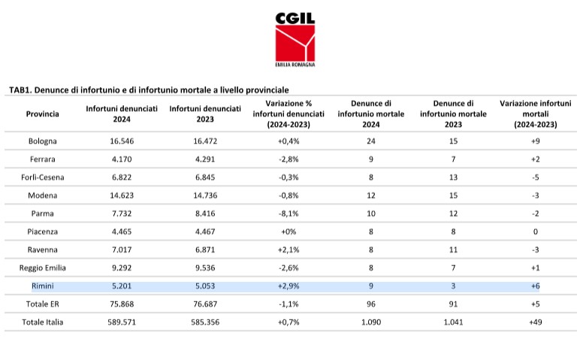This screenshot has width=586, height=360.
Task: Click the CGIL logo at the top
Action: click(x=295, y=40)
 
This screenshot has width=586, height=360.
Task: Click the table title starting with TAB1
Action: click(x=149, y=90)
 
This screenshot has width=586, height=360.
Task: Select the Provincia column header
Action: click(x=43, y=114)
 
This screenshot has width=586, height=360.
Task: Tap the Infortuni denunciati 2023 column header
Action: click(x=205, y=114)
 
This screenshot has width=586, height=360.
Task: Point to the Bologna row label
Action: click(x=43, y=141)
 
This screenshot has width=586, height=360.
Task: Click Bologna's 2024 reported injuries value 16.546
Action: click(x=122, y=141)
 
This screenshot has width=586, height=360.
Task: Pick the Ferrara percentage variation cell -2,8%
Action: click(x=288, y=159)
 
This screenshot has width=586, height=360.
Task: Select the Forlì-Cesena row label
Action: click(x=43, y=177)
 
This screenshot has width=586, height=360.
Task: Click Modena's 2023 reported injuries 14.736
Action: click(x=205, y=195)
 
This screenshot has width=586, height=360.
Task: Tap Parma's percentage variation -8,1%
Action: click(x=288, y=213)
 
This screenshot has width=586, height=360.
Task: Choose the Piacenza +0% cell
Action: click(x=288, y=231)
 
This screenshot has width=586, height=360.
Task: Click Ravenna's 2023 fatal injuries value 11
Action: click(x=453, y=250)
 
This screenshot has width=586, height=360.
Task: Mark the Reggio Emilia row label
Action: click(x=43, y=268)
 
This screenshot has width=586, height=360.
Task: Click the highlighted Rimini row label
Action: click(x=43, y=286)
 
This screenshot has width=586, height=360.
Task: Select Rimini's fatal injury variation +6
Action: click(x=536, y=286)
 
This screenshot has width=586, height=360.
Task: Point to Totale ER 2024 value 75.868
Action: click(x=122, y=304)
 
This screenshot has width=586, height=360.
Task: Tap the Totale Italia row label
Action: click(x=43, y=322)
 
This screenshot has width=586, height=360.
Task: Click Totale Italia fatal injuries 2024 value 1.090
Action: click(x=371, y=322)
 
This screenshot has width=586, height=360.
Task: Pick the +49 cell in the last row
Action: click(x=536, y=322)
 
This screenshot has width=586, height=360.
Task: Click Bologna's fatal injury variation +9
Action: click(x=536, y=141)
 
